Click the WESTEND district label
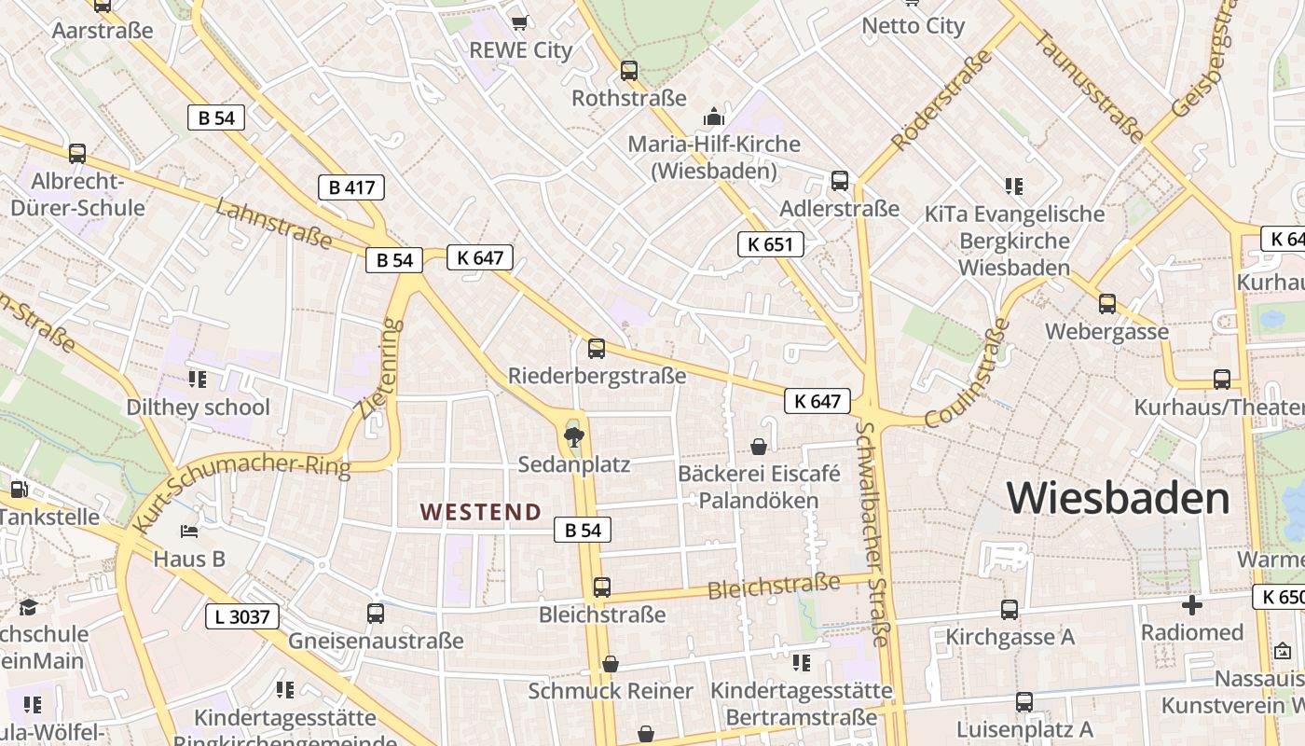click(x=480, y=512)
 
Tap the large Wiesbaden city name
click(x=1118, y=498)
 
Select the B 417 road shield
click(x=351, y=187)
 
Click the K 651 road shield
click(x=770, y=244)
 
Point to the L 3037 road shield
click(x=241, y=616)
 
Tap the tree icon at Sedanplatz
click(x=573, y=435)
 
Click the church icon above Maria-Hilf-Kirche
click(x=714, y=117)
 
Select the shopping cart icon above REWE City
click(x=520, y=21)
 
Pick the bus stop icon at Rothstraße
click(x=629, y=70)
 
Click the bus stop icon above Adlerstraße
click(x=840, y=180)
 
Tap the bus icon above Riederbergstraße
click(x=597, y=349)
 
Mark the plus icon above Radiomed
click(x=1191, y=605)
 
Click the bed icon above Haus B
click(x=189, y=532)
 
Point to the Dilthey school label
click(x=198, y=408)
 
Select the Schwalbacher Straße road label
click(x=872, y=533)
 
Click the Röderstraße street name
click(x=941, y=100)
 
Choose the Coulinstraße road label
click(x=968, y=373)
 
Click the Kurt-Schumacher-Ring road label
click(x=240, y=491)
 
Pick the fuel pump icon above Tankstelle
click(x=18, y=489)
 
